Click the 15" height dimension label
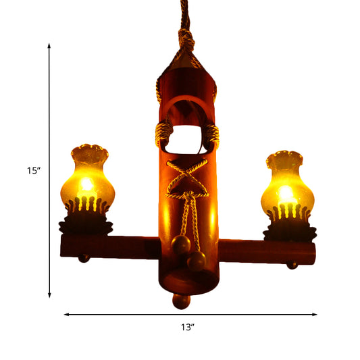[x=33, y=171]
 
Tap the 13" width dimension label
[x=188, y=328]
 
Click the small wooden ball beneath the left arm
[x=84, y=259]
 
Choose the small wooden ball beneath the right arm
[x=292, y=265]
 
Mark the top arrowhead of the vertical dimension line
[x=49, y=45]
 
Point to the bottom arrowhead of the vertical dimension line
[x=49, y=295]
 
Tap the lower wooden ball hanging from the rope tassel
[x=196, y=261]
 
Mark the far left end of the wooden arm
[x=63, y=245]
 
